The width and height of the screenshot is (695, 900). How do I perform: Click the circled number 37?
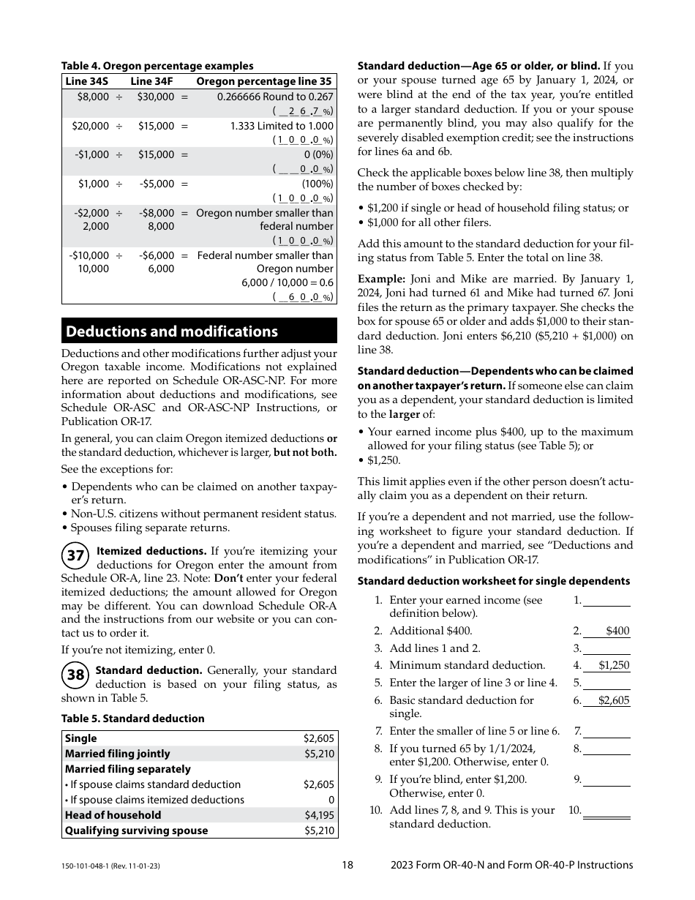[75, 556]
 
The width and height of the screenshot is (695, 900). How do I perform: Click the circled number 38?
[75, 675]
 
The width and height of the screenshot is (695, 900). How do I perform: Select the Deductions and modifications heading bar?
[199, 331]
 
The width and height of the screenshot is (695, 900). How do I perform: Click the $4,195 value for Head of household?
[319, 815]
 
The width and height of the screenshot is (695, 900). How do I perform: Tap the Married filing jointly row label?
[117, 754]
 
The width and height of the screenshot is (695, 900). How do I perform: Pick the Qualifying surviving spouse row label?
[136, 830]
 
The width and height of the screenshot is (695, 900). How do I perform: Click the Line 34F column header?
[151, 82]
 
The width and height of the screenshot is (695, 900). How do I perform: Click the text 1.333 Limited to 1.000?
[282, 126]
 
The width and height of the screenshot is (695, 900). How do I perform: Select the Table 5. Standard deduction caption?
[132, 719]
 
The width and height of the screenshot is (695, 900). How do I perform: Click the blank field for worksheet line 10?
[606, 810]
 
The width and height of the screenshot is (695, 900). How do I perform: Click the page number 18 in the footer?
[347, 865]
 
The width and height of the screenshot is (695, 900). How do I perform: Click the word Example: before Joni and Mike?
[381, 279]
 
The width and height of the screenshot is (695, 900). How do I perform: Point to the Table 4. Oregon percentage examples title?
[157, 66]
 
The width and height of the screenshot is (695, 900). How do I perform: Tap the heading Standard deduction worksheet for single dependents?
[493, 581]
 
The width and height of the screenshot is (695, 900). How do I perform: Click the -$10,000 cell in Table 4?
[89, 255]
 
